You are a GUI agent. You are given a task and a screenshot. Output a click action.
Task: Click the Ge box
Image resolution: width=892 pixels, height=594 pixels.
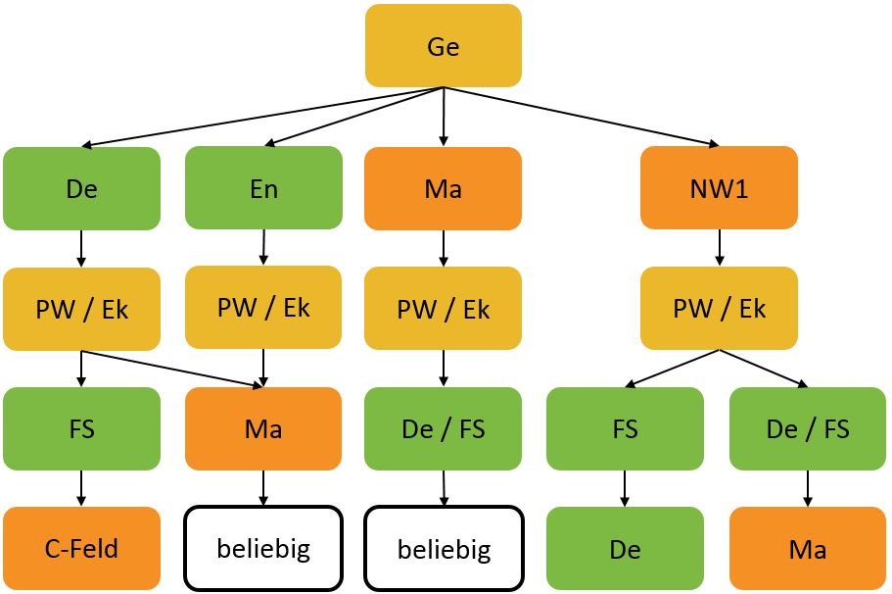click(x=444, y=46)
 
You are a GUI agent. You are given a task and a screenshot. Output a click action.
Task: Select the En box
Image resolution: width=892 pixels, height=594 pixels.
click(x=263, y=188)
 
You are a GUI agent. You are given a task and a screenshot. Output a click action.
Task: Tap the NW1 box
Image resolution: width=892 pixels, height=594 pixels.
click(x=720, y=188)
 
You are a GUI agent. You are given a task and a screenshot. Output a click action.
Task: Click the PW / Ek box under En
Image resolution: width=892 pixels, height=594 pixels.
click(x=263, y=307)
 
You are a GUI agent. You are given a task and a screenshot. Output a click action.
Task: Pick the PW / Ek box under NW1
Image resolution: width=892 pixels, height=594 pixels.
click(x=720, y=309)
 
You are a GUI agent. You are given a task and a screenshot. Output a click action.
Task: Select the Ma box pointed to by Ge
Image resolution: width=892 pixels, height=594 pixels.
click(x=444, y=188)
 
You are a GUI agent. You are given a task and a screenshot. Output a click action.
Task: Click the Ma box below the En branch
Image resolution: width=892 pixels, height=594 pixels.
click(x=263, y=429)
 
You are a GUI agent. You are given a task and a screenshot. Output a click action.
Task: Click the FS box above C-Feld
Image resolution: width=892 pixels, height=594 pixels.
click(x=81, y=429)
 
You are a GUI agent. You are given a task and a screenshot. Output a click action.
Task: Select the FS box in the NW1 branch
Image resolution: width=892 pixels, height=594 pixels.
click(x=625, y=429)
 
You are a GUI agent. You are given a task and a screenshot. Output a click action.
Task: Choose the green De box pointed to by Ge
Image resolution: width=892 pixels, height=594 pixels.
click(x=81, y=188)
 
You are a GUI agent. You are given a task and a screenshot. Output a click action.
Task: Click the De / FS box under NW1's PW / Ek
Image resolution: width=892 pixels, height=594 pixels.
click(x=808, y=429)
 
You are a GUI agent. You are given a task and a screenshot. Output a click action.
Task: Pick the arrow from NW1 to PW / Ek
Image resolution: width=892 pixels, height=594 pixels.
click(x=720, y=248)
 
